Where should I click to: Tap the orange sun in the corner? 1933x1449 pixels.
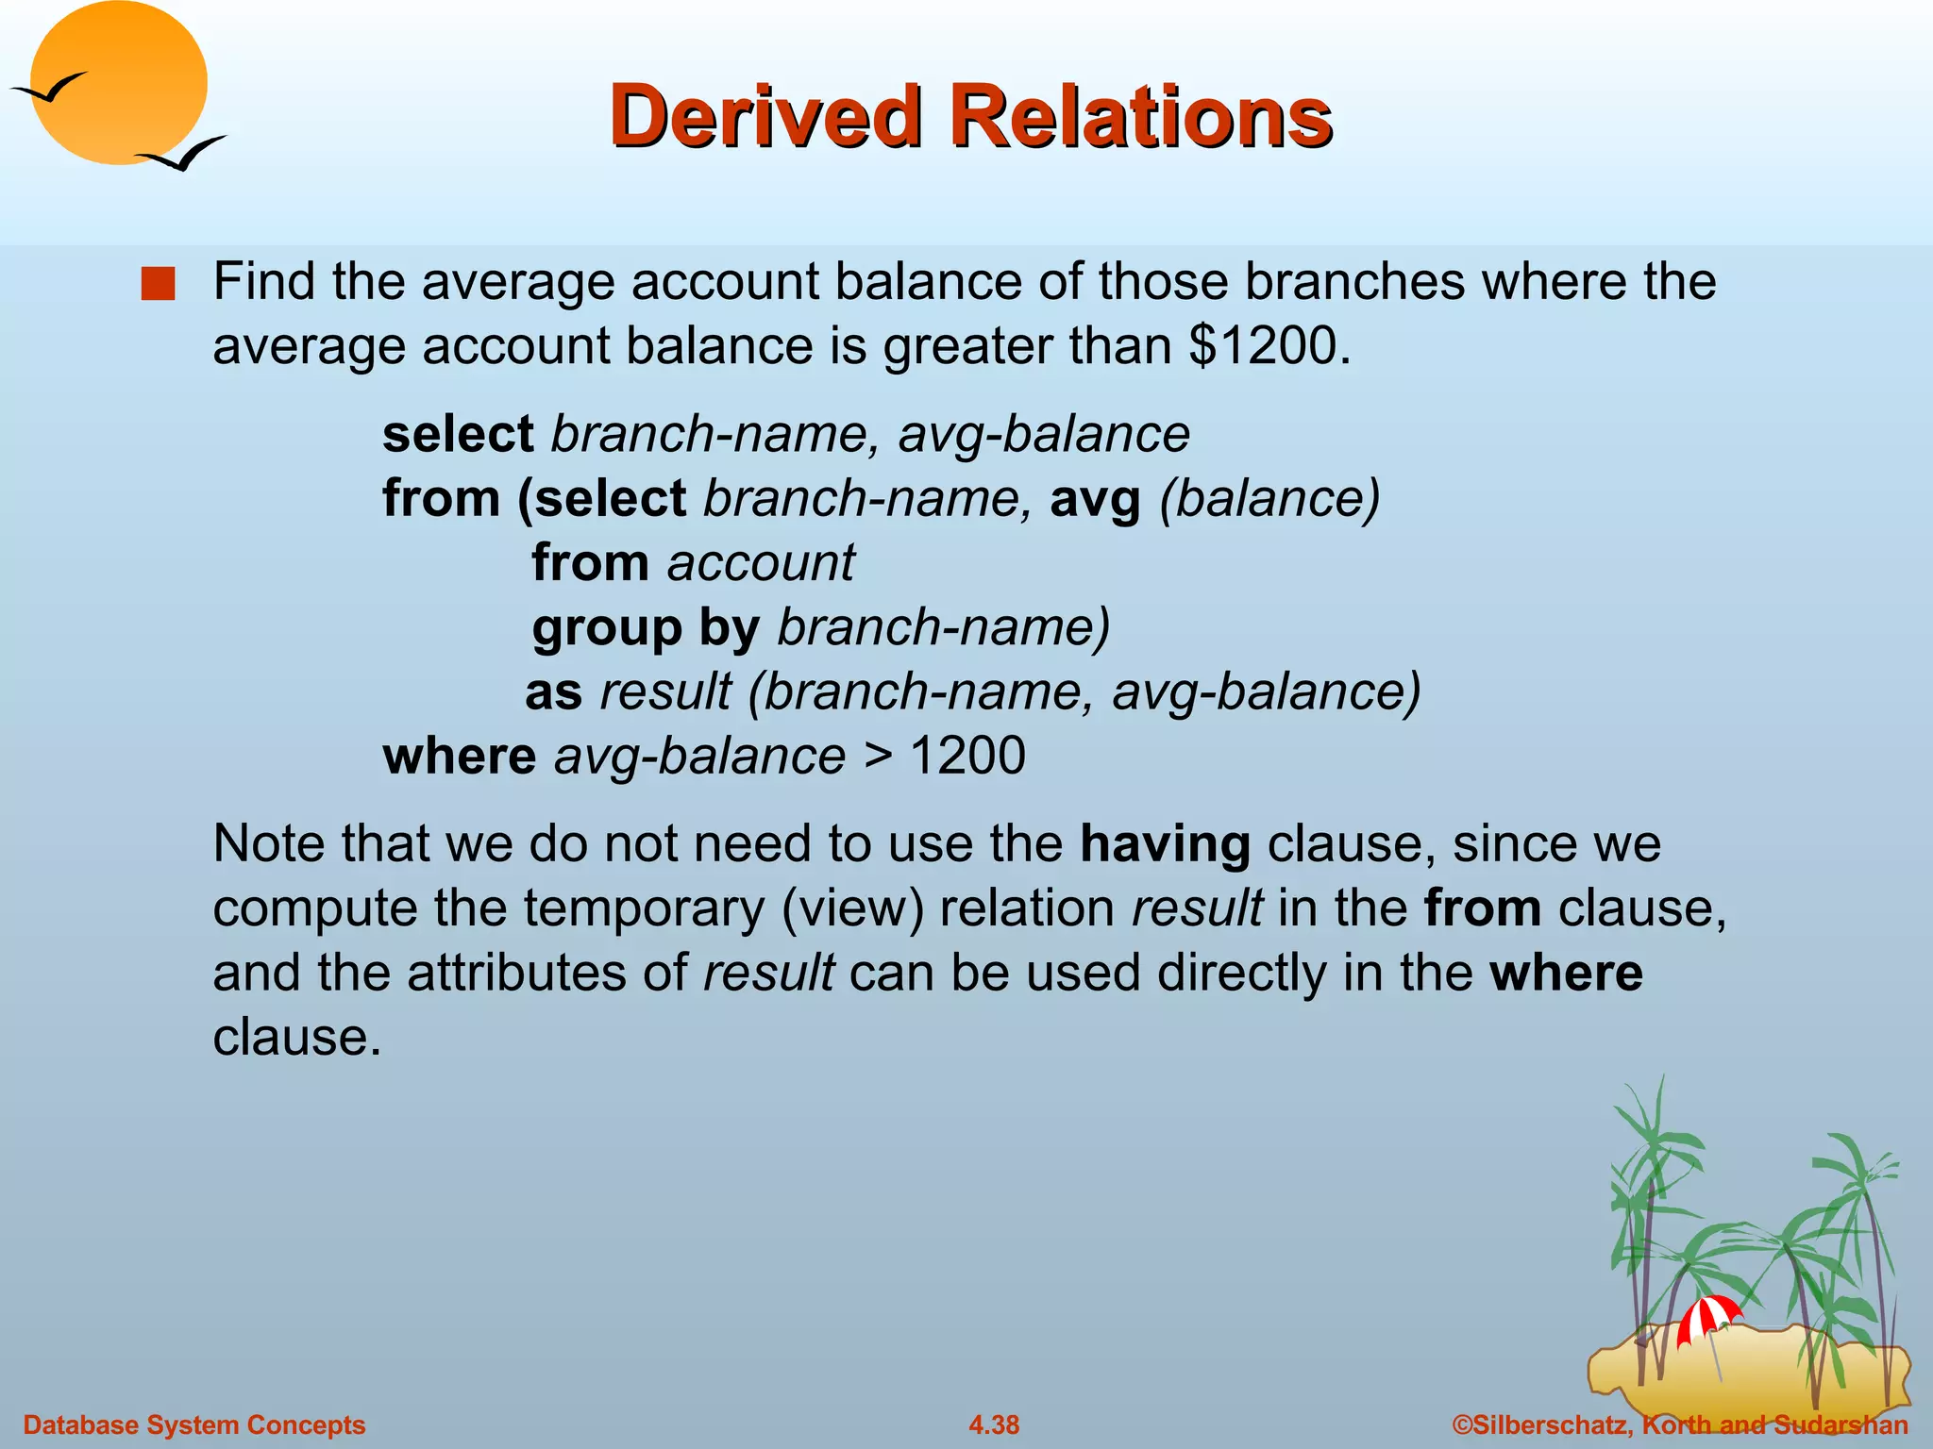[x=119, y=83]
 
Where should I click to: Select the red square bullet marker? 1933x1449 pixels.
[x=158, y=284]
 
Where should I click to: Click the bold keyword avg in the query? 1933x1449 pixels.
[x=1095, y=500]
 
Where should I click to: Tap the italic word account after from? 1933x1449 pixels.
[x=761, y=563]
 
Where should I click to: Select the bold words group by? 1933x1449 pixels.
[x=646, y=628]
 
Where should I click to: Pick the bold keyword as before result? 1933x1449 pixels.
[x=553, y=692]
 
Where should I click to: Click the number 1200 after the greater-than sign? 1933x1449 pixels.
[x=966, y=756]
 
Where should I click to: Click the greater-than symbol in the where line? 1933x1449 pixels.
[x=877, y=757]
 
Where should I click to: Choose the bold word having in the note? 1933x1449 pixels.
[x=1165, y=844]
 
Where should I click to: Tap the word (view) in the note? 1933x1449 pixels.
[x=852, y=908]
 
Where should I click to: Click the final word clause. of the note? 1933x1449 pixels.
[x=296, y=1038]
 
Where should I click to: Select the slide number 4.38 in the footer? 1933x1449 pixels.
[x=994, y=1424]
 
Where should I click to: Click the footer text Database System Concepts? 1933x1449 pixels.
[x=194, y=1424]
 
